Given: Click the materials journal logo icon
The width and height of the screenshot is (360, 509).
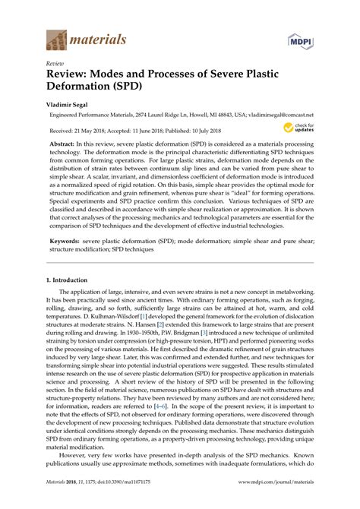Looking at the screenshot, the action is [56, 37].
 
